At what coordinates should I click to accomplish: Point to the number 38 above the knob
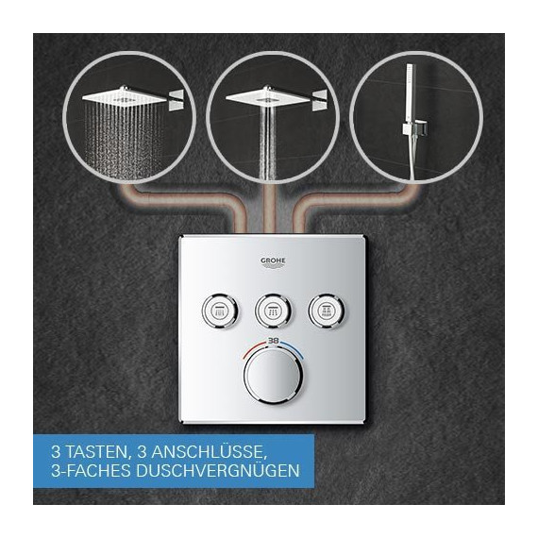[273, 340]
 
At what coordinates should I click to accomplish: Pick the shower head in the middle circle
[266, 95]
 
